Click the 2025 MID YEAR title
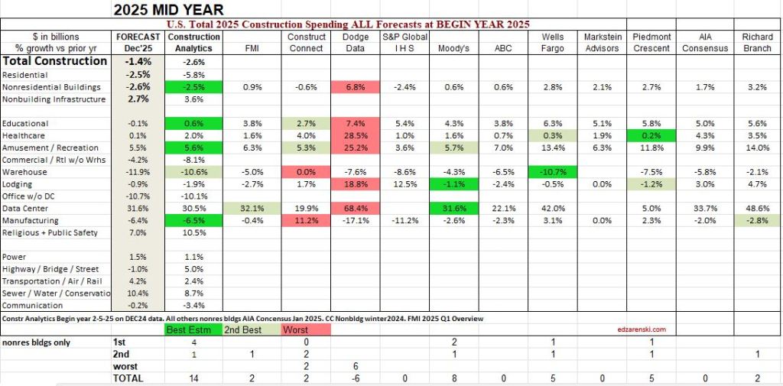(x=168, y=10)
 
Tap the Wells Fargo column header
(x=553, y=42)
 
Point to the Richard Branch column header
(x=757, y=42)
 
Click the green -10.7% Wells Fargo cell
(x=553, y=172)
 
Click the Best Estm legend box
(x=189, y=329)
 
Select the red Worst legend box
(x=307, y=329)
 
